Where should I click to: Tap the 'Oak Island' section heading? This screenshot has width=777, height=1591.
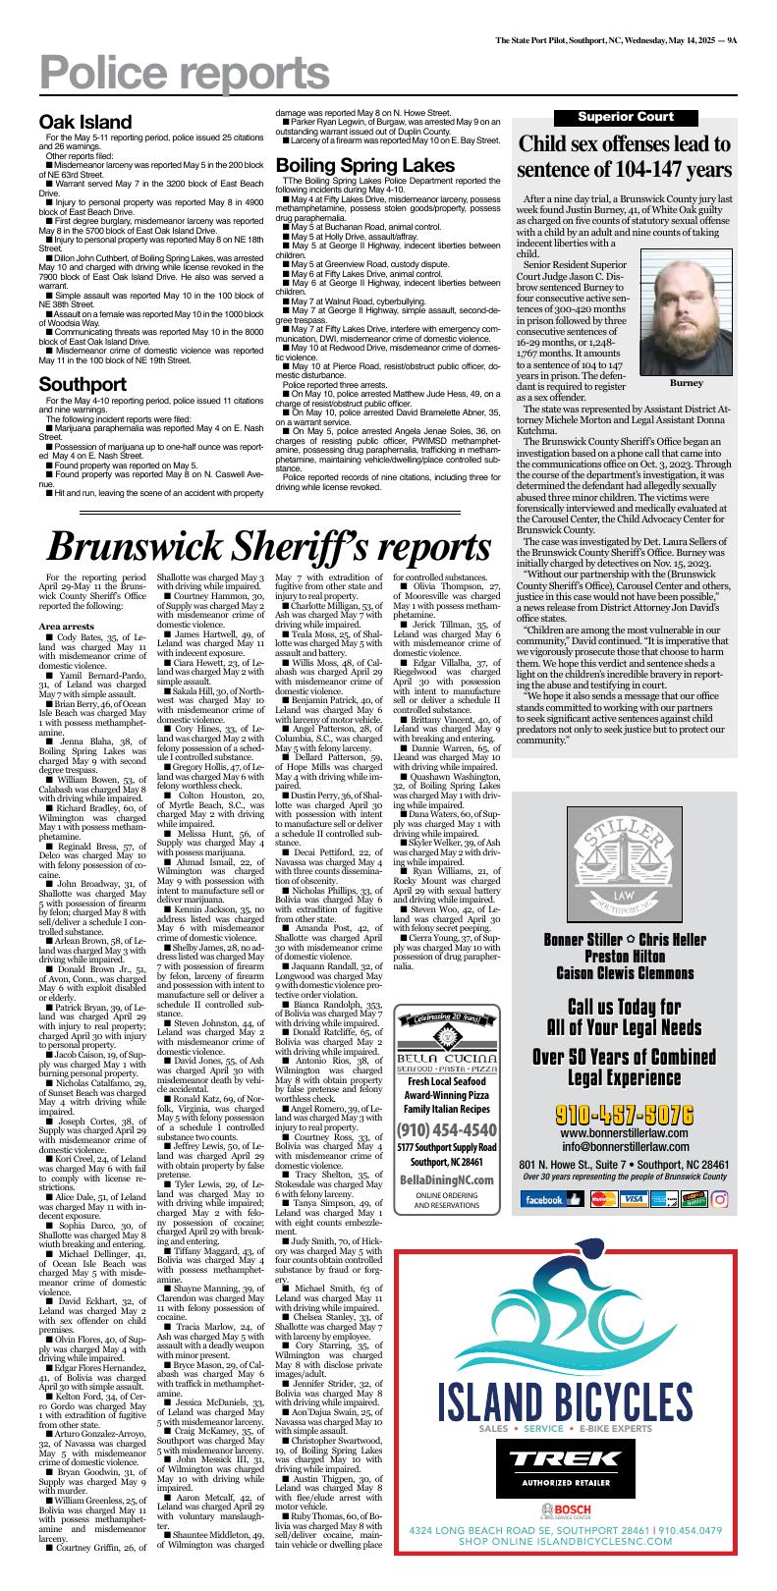[x=85, y=122]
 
